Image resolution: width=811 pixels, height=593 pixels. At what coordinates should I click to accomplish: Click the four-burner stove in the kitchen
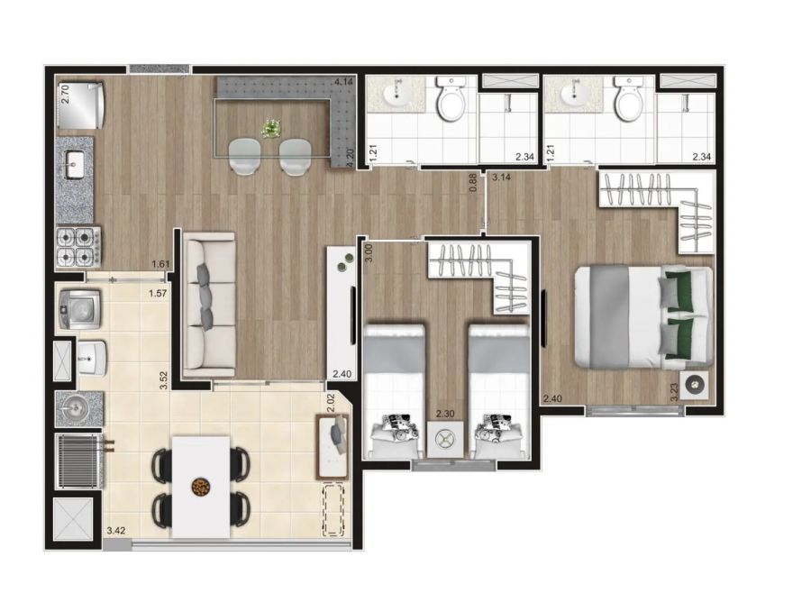78,246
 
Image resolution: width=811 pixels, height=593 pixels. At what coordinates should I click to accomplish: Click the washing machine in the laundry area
79,309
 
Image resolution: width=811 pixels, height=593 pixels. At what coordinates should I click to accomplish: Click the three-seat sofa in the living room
210,305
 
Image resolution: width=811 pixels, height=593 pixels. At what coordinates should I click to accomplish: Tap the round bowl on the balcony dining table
200,487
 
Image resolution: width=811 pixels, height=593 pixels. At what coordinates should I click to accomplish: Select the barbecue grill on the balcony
81,461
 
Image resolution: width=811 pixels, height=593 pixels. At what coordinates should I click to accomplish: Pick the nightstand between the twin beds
445,439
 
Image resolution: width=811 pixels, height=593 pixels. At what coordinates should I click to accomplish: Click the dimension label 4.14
344,81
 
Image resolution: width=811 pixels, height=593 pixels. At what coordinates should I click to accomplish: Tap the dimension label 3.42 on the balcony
116,530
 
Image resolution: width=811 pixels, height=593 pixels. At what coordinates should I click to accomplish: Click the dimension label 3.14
501,177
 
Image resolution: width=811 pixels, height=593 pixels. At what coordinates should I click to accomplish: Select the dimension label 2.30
445,414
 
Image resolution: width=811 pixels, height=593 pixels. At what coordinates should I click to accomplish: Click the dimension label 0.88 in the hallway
472,182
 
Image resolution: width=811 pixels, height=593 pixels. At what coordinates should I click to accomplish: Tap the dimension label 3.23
673,392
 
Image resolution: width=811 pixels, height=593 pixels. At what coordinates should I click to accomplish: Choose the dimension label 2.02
332,403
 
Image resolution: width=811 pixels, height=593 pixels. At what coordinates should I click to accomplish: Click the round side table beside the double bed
694,385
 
